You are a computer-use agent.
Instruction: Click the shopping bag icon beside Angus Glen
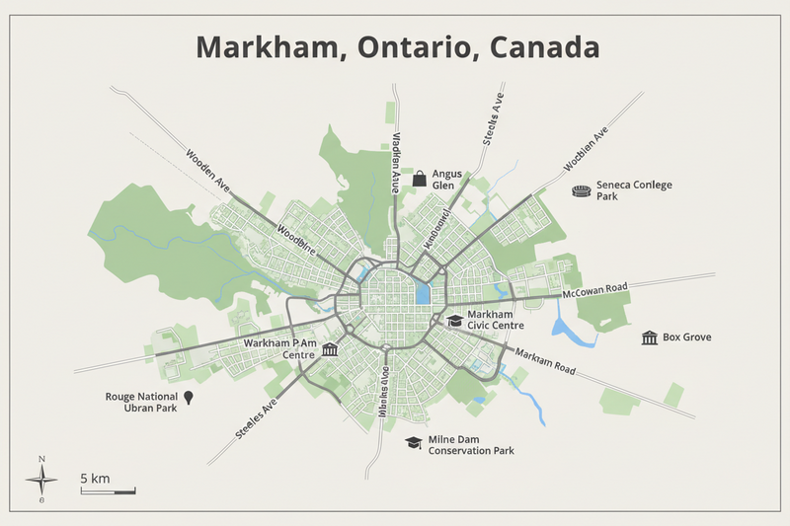(419, 179)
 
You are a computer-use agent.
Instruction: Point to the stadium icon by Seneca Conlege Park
(582, 190)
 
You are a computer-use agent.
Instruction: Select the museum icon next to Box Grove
(650, 338)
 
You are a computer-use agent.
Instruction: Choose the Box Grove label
(687, 338)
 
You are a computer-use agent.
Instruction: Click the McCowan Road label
(594, 291)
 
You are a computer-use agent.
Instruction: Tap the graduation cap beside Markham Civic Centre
(454, 321)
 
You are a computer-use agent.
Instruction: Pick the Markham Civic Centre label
(495, 319)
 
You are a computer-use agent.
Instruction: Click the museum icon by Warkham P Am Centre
(330, 350)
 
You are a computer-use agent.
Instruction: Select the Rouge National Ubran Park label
(140, 402)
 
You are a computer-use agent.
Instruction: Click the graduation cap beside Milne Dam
(413, 443)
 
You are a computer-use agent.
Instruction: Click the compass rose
(41, 481)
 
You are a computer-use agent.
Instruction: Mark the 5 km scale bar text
(95, 479)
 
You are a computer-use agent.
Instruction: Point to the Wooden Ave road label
(207, 170)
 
